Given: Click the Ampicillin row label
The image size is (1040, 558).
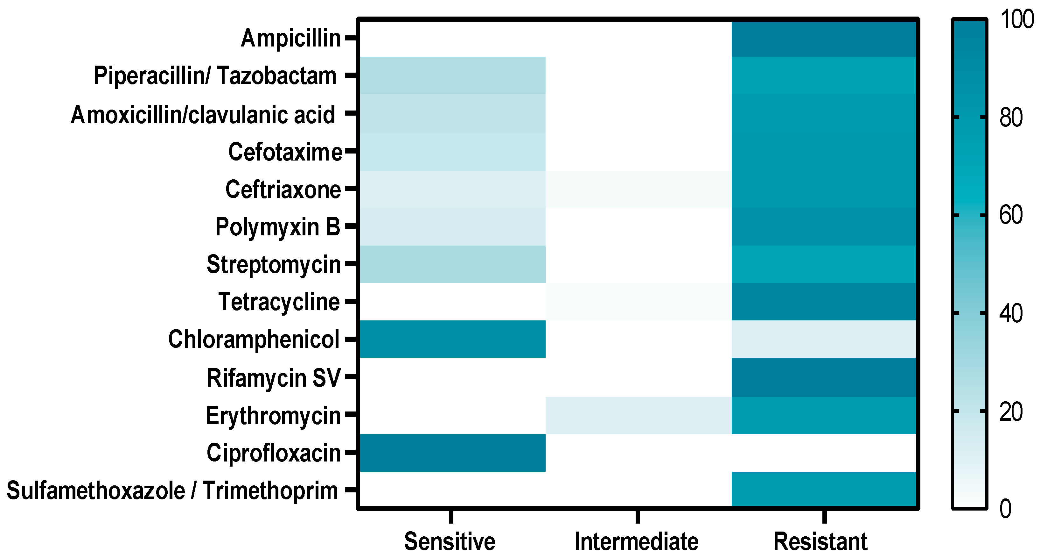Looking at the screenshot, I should click(291, 39).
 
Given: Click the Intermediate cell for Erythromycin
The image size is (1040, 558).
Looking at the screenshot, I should click(638, 415).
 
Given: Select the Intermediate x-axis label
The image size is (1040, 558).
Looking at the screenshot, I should click(636, 541).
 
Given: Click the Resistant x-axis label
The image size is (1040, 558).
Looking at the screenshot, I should click(820, 541).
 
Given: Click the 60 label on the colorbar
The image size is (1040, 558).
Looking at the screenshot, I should click(1011, 215).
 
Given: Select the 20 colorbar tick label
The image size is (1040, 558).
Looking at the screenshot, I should click(1011, 412).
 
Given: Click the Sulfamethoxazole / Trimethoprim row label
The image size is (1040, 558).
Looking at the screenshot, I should click(172, 490).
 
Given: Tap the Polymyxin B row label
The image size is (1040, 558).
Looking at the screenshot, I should click(278, 227).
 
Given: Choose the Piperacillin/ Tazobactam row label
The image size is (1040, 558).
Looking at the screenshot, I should click(215, 75).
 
